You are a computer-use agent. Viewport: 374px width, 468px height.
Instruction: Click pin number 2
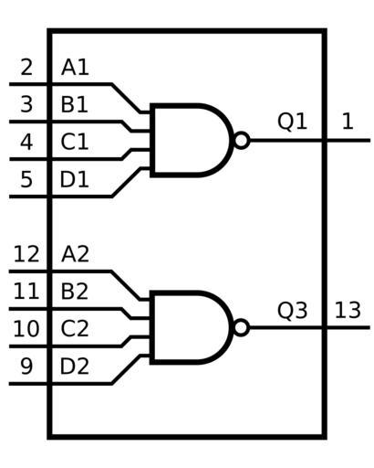click(26, 68)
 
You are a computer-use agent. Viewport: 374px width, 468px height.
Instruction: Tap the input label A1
click(75, 68)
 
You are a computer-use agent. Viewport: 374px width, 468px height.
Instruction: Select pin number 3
click(26, 104)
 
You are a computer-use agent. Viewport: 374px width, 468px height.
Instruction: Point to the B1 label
click(75, 104)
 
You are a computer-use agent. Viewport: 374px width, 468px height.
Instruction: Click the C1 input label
click(75, 142)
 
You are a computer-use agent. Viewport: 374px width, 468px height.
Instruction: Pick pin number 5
click(26, 179)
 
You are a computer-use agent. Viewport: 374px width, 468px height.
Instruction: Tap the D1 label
click(75, 179)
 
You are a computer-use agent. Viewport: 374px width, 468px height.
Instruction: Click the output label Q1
click(292, 122)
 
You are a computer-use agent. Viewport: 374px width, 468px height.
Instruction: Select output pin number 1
click(348, 122)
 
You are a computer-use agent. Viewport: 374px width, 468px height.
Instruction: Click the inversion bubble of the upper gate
click(242, 141)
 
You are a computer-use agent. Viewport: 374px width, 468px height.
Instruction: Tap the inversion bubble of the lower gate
click(242, 328)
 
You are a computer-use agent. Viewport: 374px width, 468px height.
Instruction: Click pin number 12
click(26, 254)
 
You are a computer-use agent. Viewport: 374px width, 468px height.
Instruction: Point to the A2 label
click(75, 254)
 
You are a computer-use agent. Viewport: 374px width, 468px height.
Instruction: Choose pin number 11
click(26, 292)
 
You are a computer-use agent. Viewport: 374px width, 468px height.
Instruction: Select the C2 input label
click(75, 329)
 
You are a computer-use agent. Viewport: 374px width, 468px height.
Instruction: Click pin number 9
click(26, 367)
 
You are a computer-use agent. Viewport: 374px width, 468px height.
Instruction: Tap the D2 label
click(75, 367)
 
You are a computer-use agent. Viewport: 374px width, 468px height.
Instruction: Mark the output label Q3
click(292, 311)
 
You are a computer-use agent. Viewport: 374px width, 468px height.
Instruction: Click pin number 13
click(348, 311)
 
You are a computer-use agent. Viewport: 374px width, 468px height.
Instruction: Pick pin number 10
click(26, 329)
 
